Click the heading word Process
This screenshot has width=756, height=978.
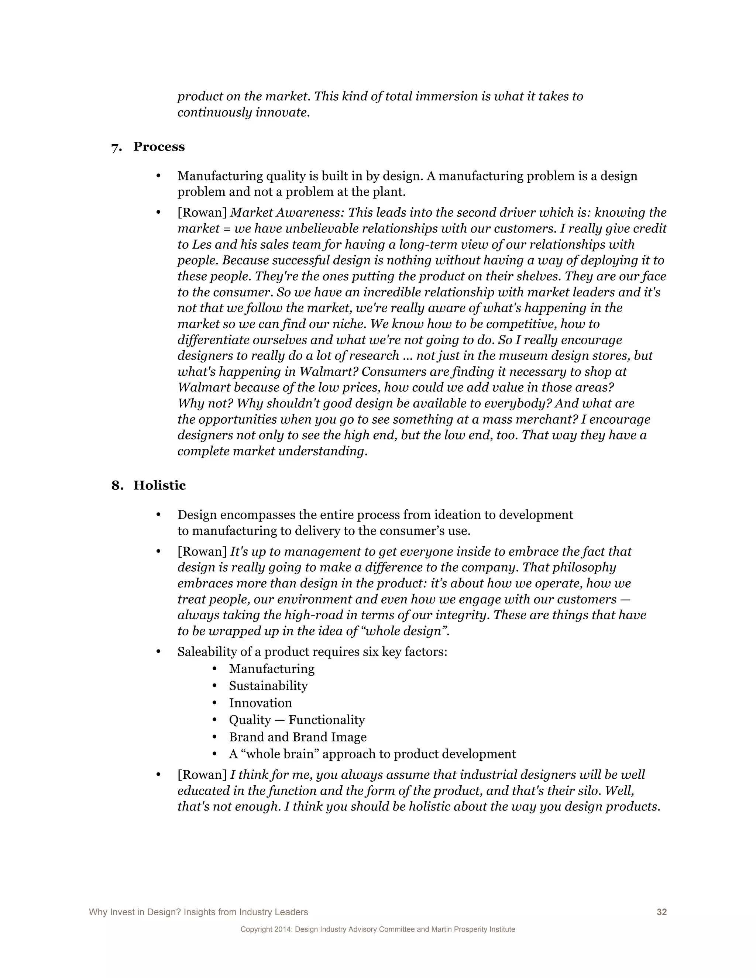[159, 147]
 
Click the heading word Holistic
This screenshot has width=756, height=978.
[159, 485]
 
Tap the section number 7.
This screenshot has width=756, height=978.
[116, 147]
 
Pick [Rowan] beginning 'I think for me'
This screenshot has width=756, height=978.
[202, 775]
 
